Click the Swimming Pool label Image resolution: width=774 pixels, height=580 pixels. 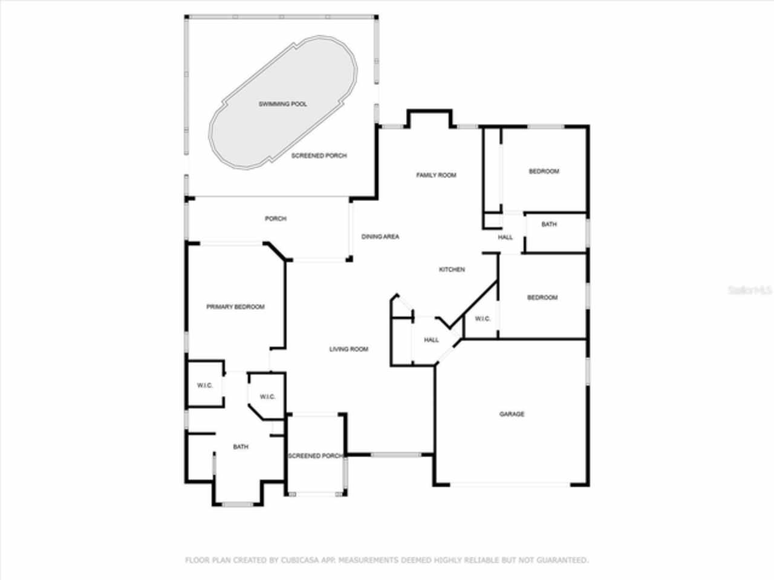282,104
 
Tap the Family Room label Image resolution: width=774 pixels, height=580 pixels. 436,175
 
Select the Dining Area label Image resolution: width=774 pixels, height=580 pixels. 380,237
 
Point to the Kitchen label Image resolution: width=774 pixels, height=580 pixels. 452,269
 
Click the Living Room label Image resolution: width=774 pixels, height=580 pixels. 348,349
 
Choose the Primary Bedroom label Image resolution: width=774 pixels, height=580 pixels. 235,307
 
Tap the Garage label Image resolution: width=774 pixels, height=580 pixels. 512,414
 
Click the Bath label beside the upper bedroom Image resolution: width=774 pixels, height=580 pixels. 549,225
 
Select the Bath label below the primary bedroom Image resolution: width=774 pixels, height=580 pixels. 241,447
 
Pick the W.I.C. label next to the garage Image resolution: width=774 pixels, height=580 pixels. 482,319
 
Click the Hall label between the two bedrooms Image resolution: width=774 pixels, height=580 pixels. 506,237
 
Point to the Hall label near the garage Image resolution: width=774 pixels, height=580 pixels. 431,340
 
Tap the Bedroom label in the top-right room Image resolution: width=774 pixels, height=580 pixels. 544,172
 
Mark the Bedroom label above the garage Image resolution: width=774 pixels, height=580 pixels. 542,298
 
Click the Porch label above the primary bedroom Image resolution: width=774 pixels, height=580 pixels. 275,219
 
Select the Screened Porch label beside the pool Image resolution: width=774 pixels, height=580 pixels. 319,156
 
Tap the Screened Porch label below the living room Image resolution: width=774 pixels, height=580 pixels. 315,456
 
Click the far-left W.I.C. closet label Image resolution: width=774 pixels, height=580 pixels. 205,385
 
